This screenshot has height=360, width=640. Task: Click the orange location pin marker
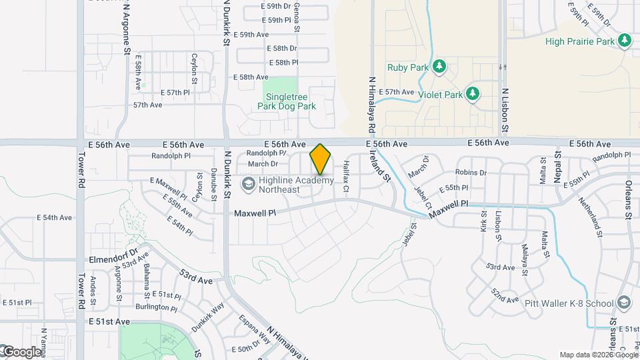(321, 159)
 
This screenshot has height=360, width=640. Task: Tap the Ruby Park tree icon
(439, 66)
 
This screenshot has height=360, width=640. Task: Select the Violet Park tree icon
(473, 94)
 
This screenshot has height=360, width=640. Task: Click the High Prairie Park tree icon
(625, 41)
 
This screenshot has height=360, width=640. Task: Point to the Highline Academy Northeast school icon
(248, 181)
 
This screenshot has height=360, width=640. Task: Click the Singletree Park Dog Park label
(287, 101)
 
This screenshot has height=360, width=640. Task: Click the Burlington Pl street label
(156, 308)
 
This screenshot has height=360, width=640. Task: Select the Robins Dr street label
(471, 173)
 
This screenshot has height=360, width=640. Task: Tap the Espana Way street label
(255, 327)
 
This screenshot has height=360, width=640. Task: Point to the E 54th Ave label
(54, 218)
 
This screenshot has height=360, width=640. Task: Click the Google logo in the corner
(21, 351)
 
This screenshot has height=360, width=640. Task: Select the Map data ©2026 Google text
(597, 355)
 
